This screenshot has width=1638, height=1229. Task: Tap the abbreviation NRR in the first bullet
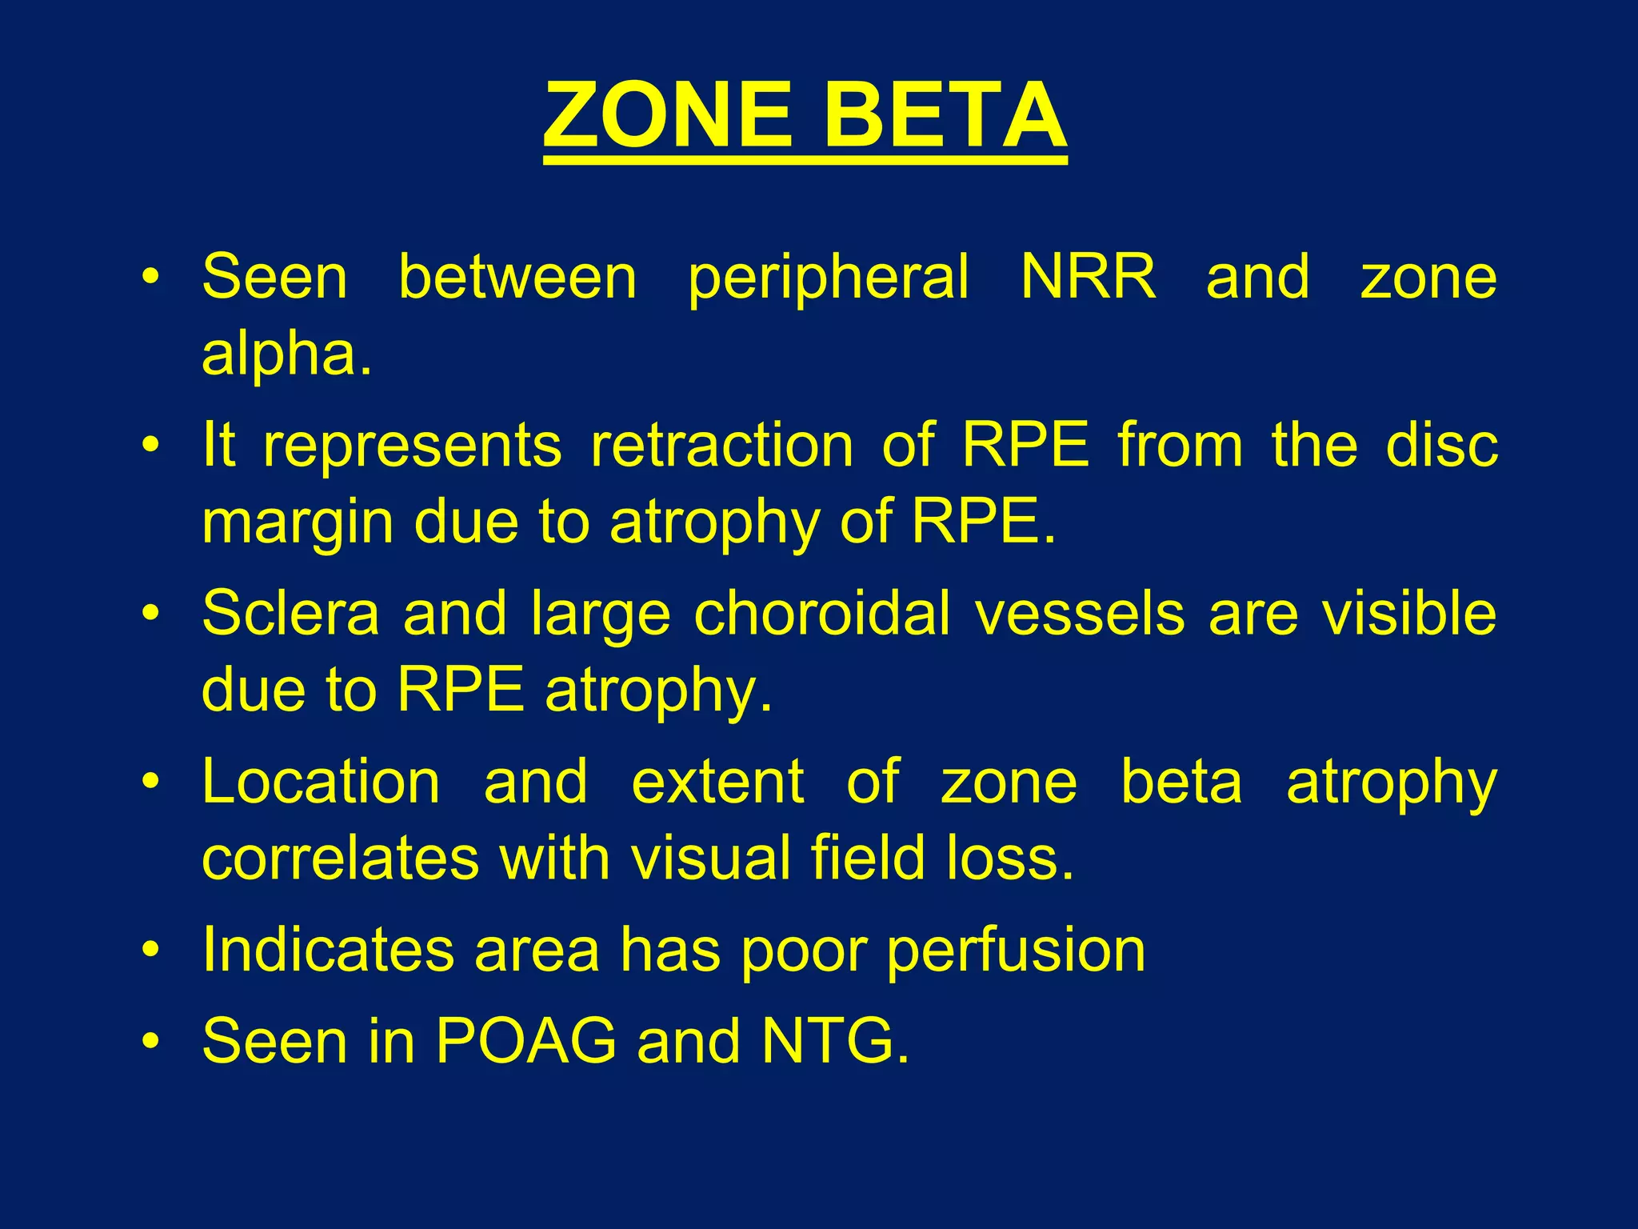pos(1088,277)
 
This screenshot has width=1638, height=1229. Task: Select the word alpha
pos(286,354)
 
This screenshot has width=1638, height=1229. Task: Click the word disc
pos(1441,445)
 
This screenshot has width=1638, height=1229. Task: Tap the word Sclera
pos(290,614)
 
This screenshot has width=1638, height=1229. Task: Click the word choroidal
pos(822,614)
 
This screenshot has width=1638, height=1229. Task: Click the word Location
pos(321,782)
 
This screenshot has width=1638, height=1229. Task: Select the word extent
pos(717,782)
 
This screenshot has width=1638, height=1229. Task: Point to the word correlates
pos(340,858)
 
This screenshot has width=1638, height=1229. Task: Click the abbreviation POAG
pos(526,1041)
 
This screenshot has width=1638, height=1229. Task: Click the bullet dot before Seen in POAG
pos(150,1041)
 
